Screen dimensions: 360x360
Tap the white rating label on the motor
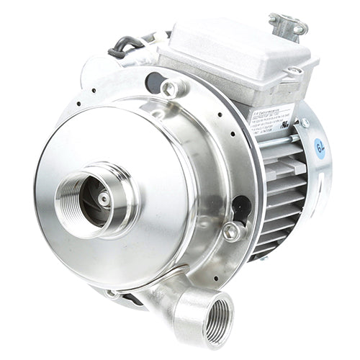point(272,120)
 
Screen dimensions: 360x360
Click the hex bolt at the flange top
point(170,89)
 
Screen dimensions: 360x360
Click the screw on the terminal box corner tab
point(294,71)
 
